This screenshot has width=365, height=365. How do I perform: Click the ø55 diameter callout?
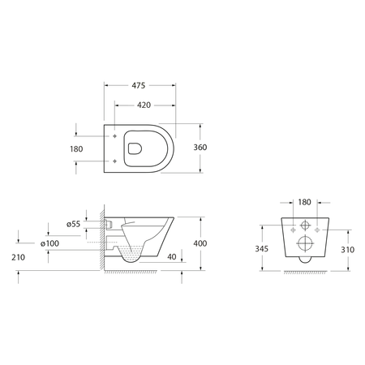(72, 223)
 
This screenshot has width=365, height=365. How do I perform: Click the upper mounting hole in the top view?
(117, 136)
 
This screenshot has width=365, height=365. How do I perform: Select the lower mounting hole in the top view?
(117, 161)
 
